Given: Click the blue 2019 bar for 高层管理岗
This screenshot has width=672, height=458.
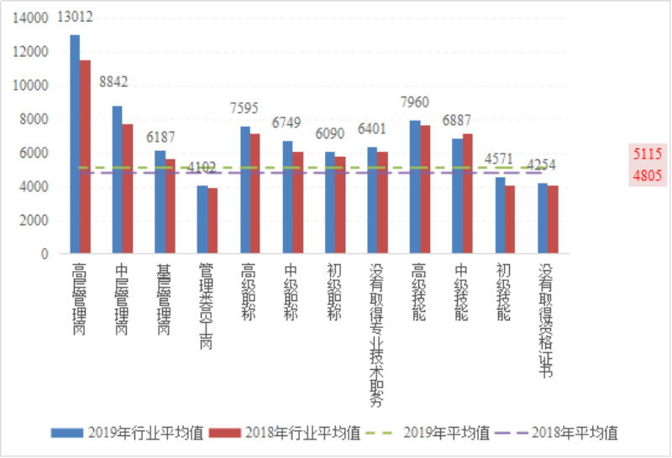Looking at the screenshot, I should coord(75,143).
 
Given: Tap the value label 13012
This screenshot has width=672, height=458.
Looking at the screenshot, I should coord(75,17).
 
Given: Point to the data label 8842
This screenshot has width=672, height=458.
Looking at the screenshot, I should coord(116,81).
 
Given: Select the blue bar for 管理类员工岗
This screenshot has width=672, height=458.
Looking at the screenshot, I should coord(202,219).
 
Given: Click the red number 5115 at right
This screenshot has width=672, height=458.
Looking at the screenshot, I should coord(648,154).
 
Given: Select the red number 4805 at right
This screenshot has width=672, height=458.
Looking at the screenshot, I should coord(648,175).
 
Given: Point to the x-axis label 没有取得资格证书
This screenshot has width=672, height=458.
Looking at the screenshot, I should coord(546,320).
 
